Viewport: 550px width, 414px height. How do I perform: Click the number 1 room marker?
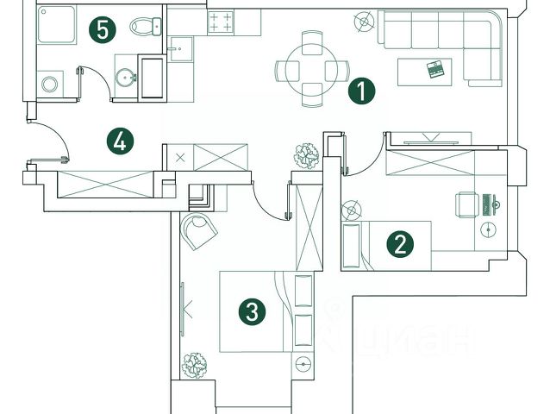tap(362, 91)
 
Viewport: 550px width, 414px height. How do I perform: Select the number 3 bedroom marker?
tap(251, 311)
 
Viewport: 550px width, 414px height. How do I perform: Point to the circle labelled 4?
tap(121, 140)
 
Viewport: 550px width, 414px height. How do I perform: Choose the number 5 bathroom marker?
tap(103, 31)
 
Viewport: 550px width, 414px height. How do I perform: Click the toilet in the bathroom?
tap(145, 27)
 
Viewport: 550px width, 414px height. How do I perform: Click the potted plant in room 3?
tap(197, 362)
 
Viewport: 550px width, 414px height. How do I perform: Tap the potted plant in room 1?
tap(306, 156)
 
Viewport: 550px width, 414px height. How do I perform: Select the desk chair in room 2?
tap(466, 204)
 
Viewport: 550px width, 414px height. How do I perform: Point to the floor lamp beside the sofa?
tap(365, 20)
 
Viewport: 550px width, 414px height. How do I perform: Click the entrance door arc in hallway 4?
tap(51, 138)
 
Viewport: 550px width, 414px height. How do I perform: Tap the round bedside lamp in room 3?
tap(302, 362)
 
